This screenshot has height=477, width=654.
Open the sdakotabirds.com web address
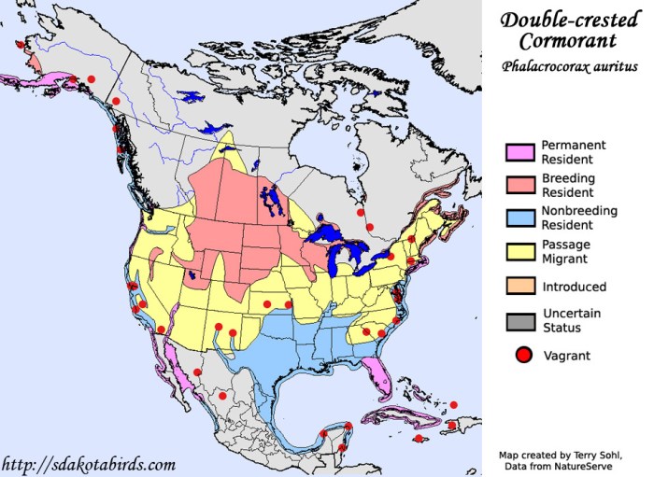89,464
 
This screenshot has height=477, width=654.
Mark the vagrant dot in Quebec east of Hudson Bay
371,226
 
